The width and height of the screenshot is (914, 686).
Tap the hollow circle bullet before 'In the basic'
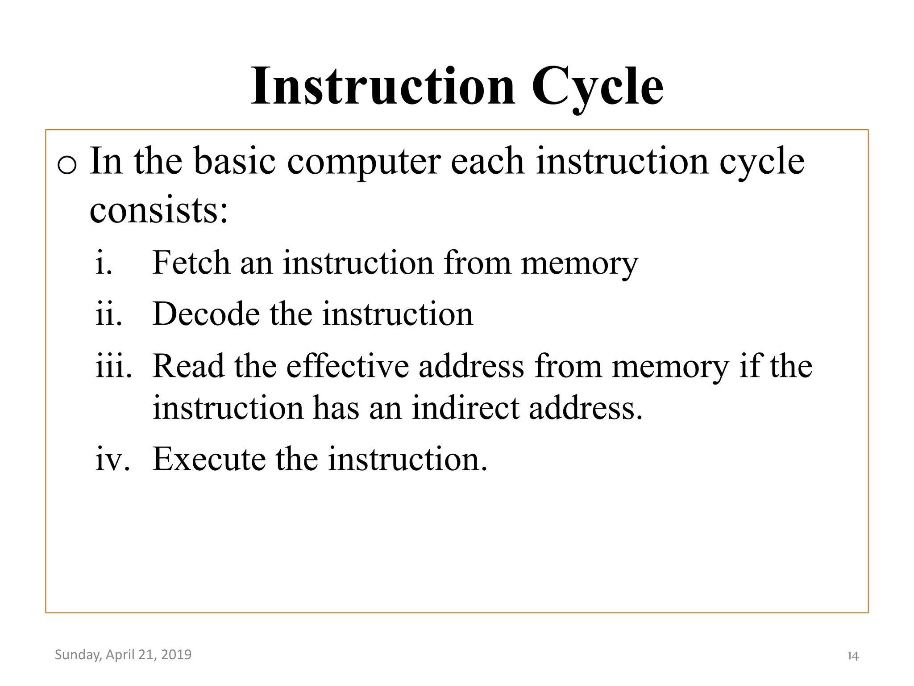pyautogui.click(x=67, y=166)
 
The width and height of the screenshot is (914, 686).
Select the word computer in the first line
pyautogui.click(x=363, y=162)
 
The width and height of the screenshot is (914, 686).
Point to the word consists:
pyautogui.click(x=159, y=210)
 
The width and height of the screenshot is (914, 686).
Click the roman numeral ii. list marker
pyautogui.click(x=108, y=314)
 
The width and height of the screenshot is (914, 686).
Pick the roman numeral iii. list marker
pyautogui.click(x=114, y=366)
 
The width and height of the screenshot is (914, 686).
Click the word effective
pyautogui.click(x=347, y=366)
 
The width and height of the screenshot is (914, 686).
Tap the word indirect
pyautogui.click(x=465, y=408)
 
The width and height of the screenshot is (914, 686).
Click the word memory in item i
pyautogui.click(x=579, y=264)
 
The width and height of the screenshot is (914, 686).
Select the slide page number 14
pyautogui.click(x=853, y=656)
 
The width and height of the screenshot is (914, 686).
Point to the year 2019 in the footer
pyautogui.click(x=176, y=655)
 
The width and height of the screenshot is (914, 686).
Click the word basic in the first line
pyautogui.click(x=234, y=162)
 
